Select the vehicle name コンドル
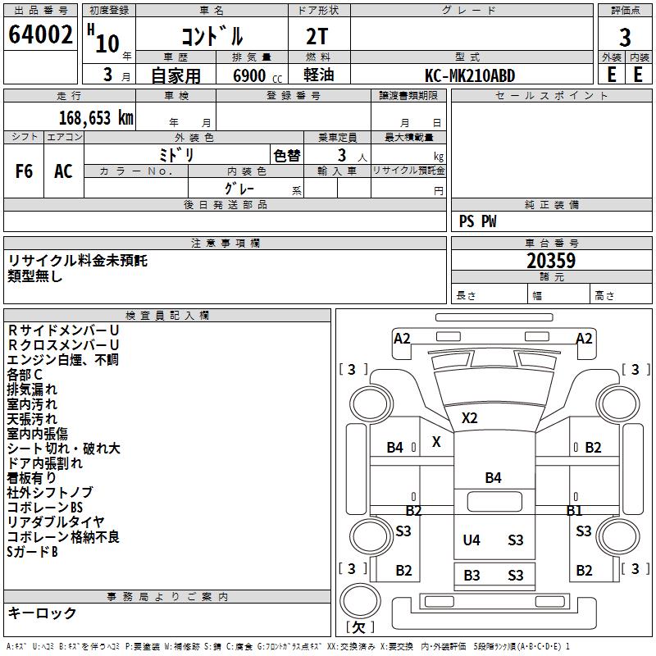pyautogui.click(x=212, y=37)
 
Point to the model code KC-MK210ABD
pyautogui.click(x=470, y=75)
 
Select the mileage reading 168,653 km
pyautogui.click(x=96, y=117)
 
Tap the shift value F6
pyautogui.click(x=25, y=171)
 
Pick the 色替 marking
pyautogui.click(x=286, y=155)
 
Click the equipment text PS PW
pyautogui.click(x=477, y=221)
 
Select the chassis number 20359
pyautogui.click(x=551, y=261)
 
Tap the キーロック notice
pyautogui.click(x=42, y=613)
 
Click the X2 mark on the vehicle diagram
pyautogui.click(x=469, y=417)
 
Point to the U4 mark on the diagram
pyautogui.click(x=471, y=540)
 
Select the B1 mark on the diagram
pyautogui.click(x=574, y=510)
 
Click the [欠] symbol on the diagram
pyautogui.click(x=359, y=627)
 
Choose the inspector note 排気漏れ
pyautogui.click(x=32, y=389)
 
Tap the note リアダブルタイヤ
pyautogui.click(x=56, y=522)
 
